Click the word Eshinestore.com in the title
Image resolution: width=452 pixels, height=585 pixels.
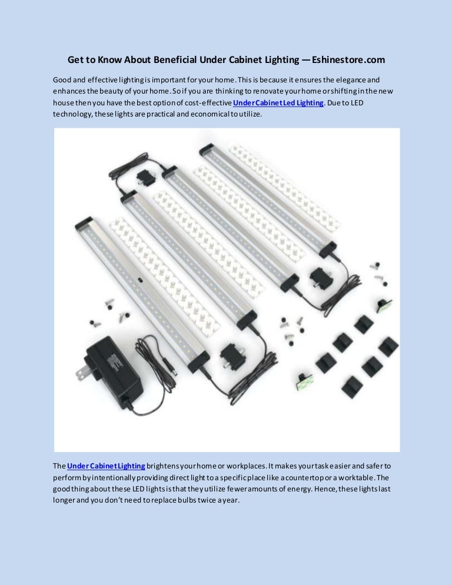click(348, 59)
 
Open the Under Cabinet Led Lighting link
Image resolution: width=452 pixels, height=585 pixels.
click(278, 102)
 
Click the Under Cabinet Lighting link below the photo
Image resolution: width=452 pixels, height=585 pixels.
click(106, 466)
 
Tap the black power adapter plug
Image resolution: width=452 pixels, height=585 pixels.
click(113, 372)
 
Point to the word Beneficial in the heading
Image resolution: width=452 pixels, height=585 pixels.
click(175, 59)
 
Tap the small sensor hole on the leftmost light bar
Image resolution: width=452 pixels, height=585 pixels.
click(140, 280)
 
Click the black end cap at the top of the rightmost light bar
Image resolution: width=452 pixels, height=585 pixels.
click(207, 150)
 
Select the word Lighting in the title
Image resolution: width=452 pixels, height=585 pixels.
click(282, 59)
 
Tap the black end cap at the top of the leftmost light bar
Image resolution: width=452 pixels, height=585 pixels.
click(84, 223)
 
